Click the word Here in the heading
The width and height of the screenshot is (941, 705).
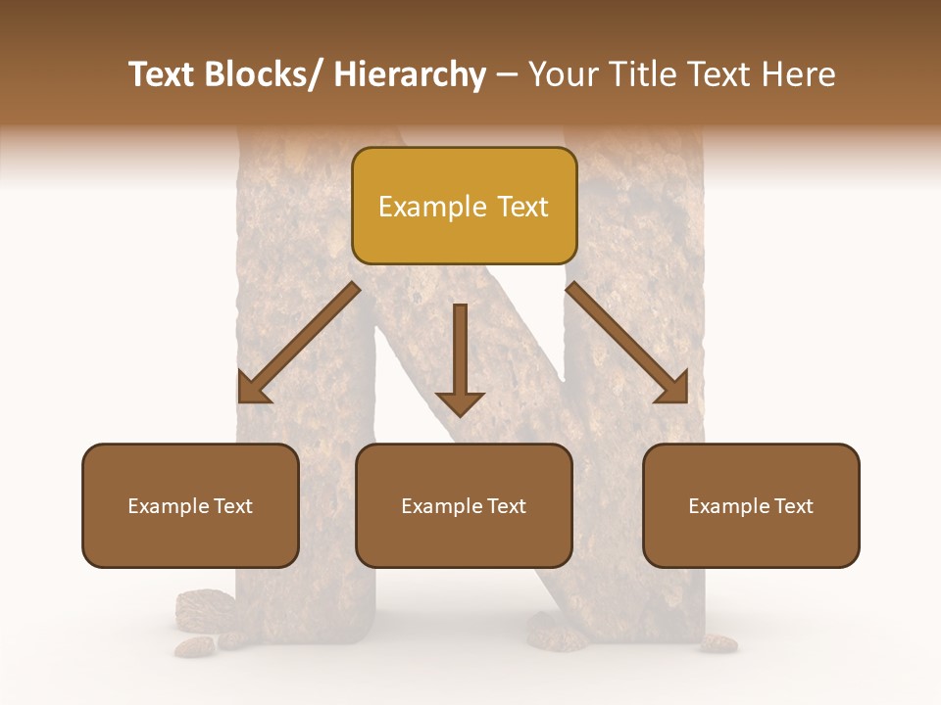coord(801,74)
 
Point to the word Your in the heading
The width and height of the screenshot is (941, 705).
coord(562,74)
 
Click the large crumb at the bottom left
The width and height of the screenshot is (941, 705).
coord(205,607)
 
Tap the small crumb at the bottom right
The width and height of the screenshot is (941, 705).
coord(719,642)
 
